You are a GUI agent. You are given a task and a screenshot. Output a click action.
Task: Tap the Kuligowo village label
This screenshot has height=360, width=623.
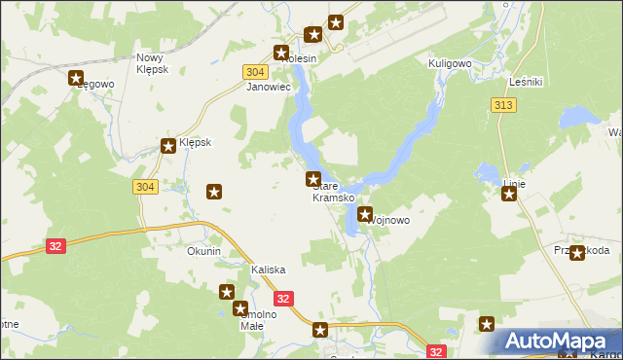coord(450,62)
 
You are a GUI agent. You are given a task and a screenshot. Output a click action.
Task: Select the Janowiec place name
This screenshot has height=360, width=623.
coord(270,87)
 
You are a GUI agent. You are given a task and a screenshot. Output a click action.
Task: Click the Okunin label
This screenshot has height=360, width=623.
coord(204,251)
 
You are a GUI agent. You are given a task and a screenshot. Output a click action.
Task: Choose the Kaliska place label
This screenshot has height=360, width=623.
coord(268,270)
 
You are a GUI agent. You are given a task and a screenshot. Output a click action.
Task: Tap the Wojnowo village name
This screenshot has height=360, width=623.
coord(388,221)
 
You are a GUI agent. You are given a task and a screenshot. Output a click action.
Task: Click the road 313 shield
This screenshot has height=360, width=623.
coord(503,105)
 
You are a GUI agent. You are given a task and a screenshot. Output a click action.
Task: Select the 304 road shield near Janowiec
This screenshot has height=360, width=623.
coord(254,72)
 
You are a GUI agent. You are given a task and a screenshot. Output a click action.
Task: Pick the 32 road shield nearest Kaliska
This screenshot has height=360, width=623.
coord(284,300)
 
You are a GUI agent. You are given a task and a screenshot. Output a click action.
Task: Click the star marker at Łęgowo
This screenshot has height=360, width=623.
coord(78,79)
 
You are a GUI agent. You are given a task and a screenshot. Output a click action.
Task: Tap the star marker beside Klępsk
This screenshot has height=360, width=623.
coord(168,146)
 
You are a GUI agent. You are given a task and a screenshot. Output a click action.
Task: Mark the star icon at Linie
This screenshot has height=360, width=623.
coord(509,194)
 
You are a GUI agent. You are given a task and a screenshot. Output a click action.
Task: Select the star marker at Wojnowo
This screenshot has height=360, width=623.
coord(365,214)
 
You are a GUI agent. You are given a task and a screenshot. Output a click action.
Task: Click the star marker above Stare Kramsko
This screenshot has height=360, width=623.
coord(313,179)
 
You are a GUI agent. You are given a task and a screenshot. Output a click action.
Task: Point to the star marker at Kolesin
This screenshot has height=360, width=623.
coord(282,53)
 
